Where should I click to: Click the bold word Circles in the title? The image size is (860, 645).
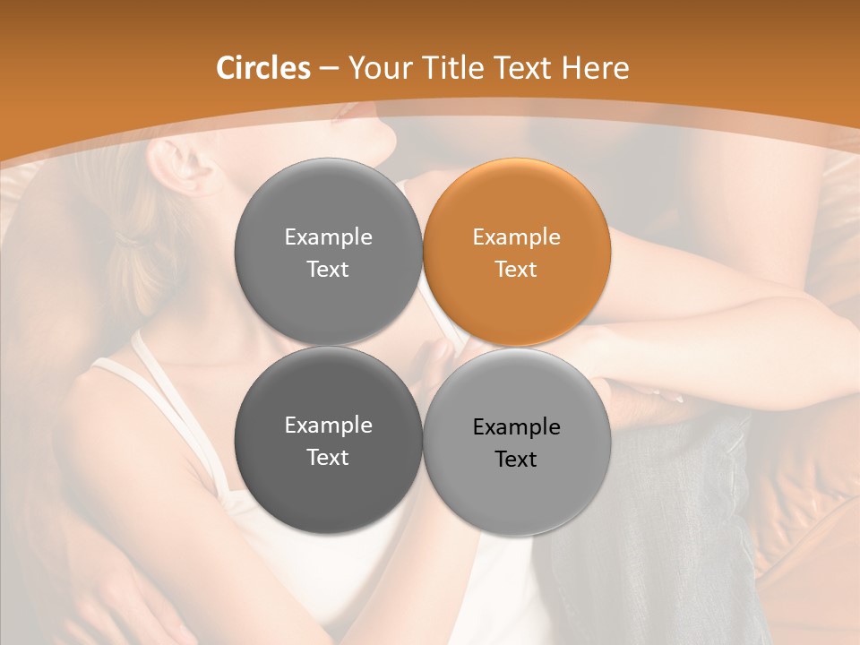click(262, 68)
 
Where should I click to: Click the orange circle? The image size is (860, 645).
click(517, 252)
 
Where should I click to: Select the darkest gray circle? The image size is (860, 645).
click(328, 441)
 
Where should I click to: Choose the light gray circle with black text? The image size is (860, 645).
click(517, 442)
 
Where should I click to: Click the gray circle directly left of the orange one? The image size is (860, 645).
click(328, 252)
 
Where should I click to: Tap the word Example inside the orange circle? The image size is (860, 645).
click(516, 237)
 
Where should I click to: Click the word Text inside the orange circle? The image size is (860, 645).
click(516, 269)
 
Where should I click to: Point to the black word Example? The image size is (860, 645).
click(516, 427)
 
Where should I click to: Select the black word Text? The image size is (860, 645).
click(516, 459)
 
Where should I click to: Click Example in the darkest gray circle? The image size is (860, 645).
click(328, 426)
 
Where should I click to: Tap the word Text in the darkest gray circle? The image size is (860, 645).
click(328, 457)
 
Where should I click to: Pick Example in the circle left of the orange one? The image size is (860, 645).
click(328, 237)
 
